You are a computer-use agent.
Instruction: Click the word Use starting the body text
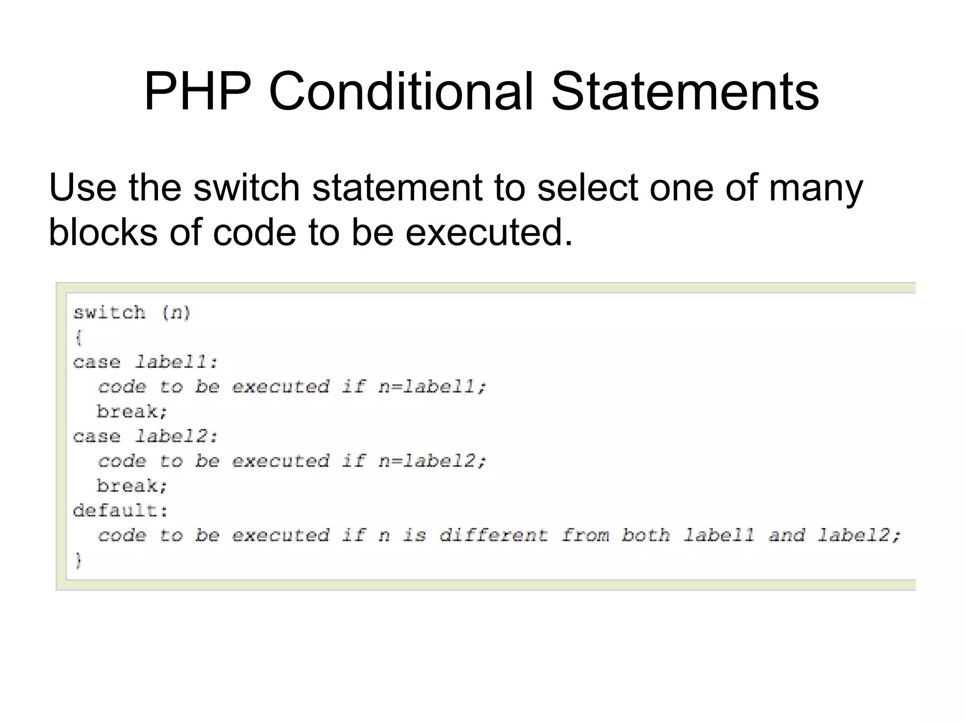82,187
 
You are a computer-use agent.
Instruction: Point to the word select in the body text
587,187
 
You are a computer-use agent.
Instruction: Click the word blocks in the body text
103,232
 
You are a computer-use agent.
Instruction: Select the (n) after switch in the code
176,313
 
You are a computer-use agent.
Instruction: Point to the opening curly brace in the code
78,337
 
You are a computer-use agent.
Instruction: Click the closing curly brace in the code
78,561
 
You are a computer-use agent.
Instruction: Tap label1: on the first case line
176,362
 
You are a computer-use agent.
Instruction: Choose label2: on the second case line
176,437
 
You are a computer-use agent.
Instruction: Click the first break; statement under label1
132,412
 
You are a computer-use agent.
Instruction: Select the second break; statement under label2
132,486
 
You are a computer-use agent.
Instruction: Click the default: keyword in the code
120,511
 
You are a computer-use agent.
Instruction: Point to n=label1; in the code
432,387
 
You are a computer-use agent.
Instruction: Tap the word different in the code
493,536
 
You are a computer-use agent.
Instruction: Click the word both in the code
645,536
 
